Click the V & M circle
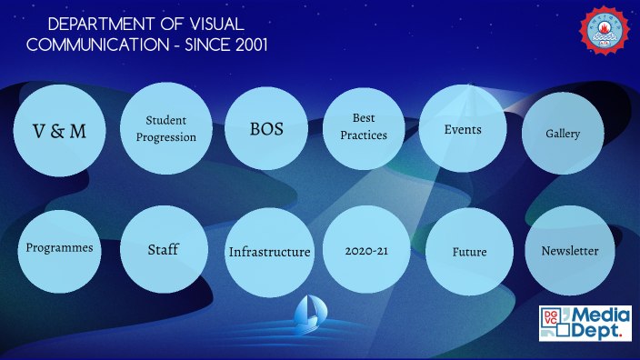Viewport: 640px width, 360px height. click(59, 131)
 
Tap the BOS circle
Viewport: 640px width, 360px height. click(266, 129)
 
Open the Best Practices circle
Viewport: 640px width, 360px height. click(364, 127)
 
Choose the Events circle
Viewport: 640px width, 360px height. click(463, 129)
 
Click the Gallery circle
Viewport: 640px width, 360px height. click(563, 134)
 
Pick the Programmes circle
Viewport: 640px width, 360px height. click(59, 247)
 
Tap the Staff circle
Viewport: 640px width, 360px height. click(163, 249)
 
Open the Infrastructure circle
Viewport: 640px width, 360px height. click(269, 252)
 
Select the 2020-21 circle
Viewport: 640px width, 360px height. click(367, 250)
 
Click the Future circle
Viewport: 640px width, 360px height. click(469, 252)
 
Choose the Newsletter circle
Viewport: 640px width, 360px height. click(570, 251)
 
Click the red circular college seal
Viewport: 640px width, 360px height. click(605, 29)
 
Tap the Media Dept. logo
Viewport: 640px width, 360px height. click(585, 324)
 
